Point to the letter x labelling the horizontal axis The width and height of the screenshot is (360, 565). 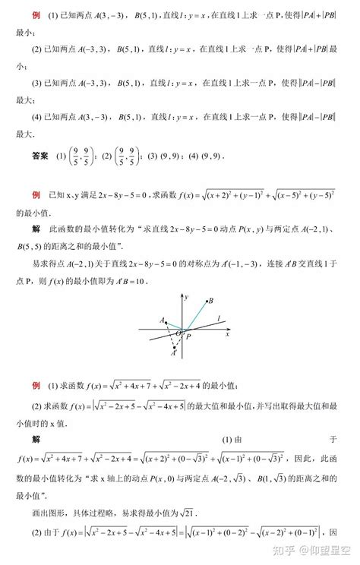click(x=226, y=334)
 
